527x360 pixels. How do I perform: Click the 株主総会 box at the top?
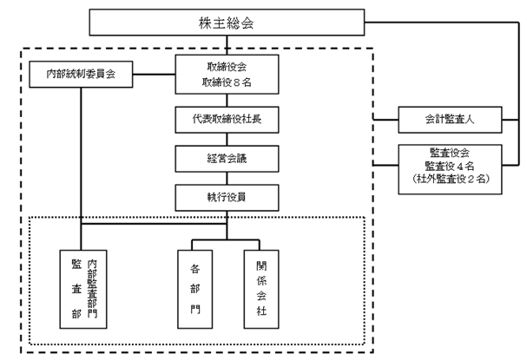tap(227, 23)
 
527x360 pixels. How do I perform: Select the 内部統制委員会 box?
tap(81, 75)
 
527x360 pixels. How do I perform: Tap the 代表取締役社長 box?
tap(227, 120)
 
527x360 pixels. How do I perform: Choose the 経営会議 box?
tap(227, 159)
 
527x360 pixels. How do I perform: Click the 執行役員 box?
tap(227, 198)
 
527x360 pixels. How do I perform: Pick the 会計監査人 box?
tap(450, 120)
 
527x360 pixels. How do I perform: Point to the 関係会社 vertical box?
tap(261, 289)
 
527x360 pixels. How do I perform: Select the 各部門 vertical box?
tap(195, 289)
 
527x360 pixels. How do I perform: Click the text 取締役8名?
tap(227, 82)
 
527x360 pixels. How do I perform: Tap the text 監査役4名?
tap(450, 166)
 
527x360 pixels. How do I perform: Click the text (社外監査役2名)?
tap(451, 179)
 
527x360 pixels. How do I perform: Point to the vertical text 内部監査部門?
tap(92, 289)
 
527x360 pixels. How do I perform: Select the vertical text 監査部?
tap(76, 289)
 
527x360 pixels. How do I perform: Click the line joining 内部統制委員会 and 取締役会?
tap(154, 75)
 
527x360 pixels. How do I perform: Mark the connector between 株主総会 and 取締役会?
tap(227, 45)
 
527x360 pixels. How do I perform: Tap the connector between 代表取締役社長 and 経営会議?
tap(227, 139)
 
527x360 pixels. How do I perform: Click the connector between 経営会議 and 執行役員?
tap(227, 178)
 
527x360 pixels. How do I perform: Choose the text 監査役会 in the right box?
tap(450, 153)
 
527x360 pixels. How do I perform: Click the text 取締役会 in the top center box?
tap(227, 67)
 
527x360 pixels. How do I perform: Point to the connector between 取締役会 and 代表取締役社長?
tap(227, 100)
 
